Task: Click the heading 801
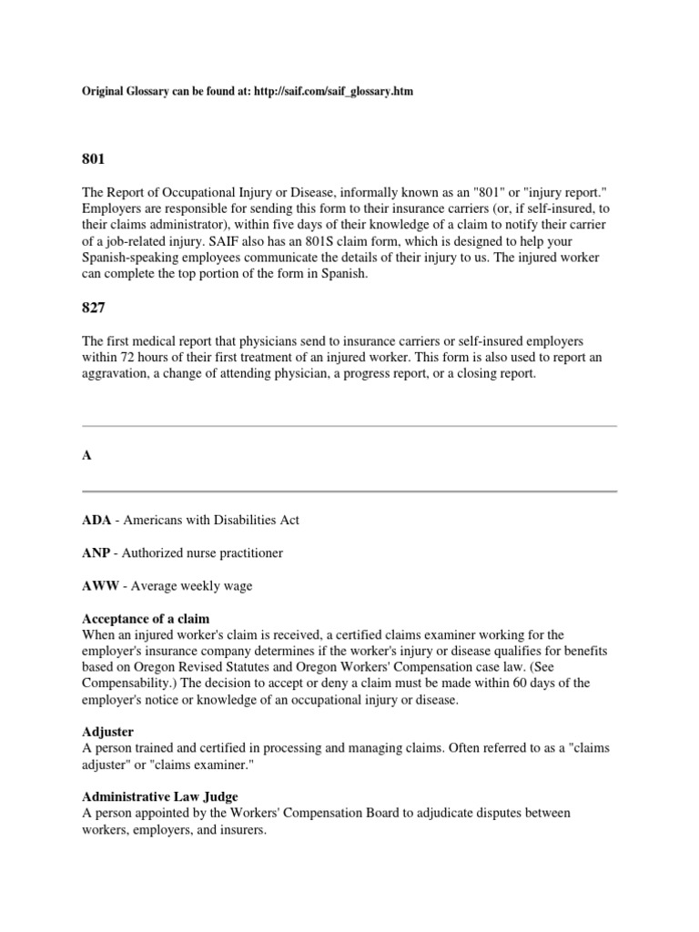94,159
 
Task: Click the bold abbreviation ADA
96,520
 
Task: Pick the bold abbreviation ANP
96,552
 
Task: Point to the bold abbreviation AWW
99,586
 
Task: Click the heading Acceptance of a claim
145,619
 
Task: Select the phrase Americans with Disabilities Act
211,520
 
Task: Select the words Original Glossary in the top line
126,93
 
